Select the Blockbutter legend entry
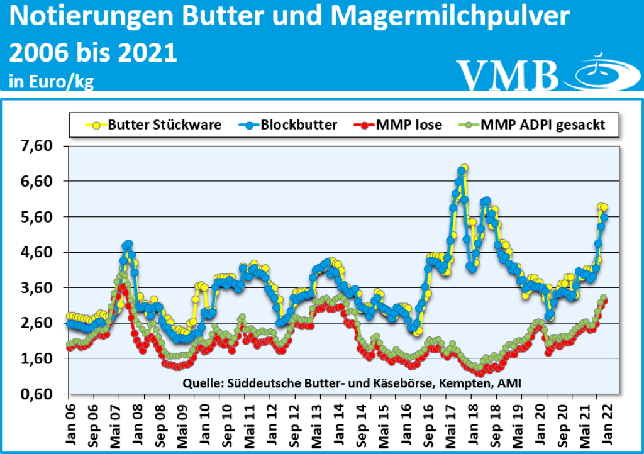point(297,125)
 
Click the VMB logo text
point(508,75)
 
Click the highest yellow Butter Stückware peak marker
point(464,169)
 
